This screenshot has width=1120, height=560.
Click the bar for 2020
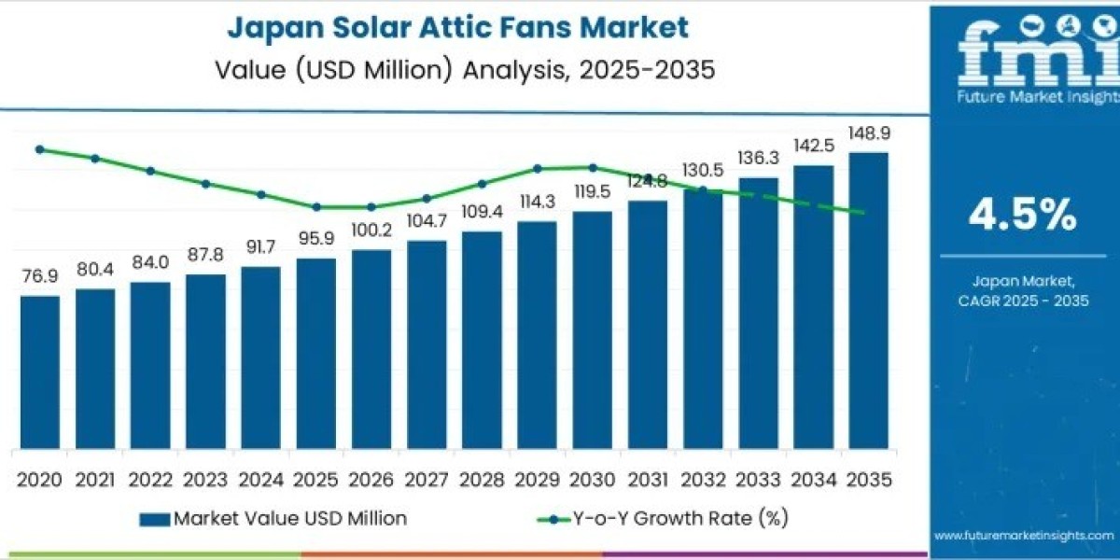tap(39, 371)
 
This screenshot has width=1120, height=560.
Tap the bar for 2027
tap(427, 343)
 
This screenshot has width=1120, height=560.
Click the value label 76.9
tap(39, 277)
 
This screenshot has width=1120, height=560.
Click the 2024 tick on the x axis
tap(260, 479)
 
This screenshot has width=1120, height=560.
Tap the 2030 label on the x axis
tap(592, 479)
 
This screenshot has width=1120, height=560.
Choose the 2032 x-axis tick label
tap(703, 479)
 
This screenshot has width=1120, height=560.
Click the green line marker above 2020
tap(39, 149)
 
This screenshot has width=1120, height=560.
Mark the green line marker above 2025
tap(316, 207)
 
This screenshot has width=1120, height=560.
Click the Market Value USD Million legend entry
tap(273, 518)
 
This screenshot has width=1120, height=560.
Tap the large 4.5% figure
tap(1022, 216)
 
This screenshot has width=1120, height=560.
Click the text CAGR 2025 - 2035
tap(1023, 301)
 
